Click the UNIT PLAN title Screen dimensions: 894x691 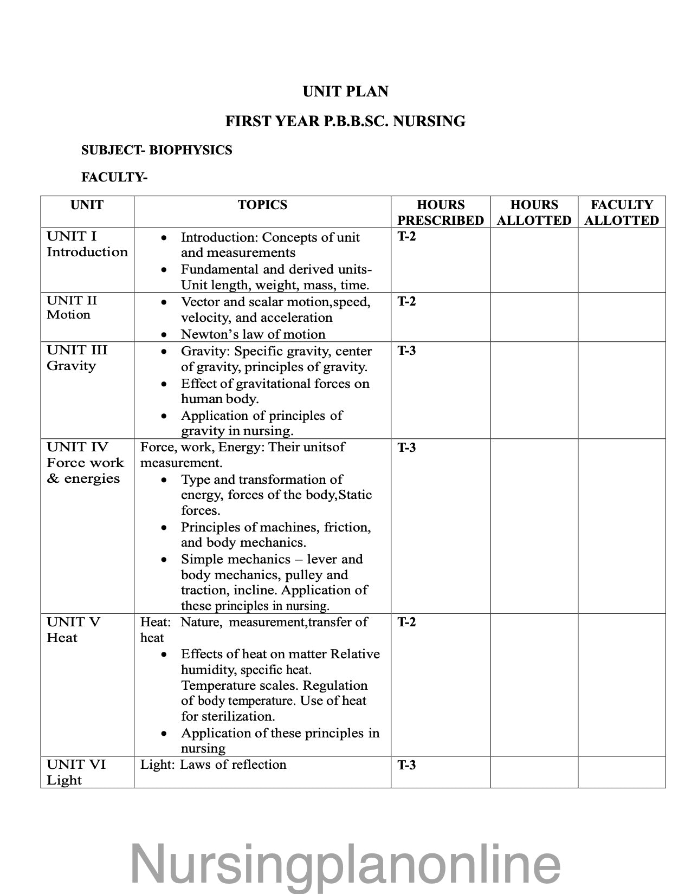point(345,92)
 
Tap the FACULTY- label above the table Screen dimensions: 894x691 point(114,177)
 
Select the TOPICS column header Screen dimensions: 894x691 point(262,205)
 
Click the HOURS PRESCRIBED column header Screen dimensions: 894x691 point(440,212)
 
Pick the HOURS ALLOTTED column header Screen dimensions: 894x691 point(534,212)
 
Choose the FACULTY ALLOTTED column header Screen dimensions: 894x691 point(621,212)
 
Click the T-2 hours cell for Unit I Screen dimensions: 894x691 point(406,236)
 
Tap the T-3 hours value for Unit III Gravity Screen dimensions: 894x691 point(406,351)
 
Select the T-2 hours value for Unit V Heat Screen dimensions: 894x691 point(406,622)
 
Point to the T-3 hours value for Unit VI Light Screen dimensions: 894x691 point(406,765)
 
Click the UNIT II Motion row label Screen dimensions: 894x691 point(72,308)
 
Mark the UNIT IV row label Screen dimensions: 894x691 point(78,447)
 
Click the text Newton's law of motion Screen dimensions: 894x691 point(253,334)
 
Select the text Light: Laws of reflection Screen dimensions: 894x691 point(213,765)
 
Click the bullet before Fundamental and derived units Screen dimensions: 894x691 point(164,270)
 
